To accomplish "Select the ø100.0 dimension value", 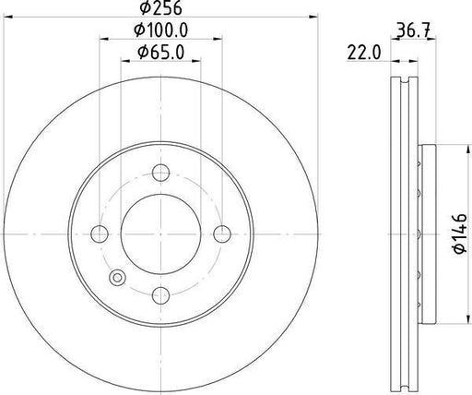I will [x=159, y=31].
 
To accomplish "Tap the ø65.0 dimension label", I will [x=159, y=54].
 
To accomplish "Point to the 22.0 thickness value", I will [x=365, y=54].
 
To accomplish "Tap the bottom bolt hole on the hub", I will [x=160, y=295].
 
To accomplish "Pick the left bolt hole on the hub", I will [x=99, y=233].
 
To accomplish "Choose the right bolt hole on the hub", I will [x=222, y=233].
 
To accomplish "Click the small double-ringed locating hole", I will [x=116, y=278].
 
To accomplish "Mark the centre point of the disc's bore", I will [x=160, y=233].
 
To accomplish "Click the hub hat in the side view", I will [x=426, y=233].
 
